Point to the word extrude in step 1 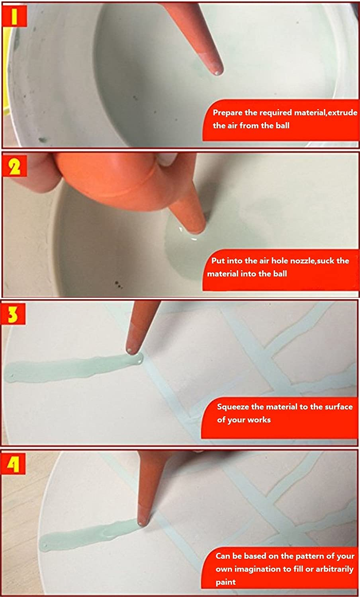tap(342, 113)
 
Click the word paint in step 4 tap(226, 582)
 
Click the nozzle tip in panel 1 tap(216, 72)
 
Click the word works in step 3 tap(259, 420)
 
